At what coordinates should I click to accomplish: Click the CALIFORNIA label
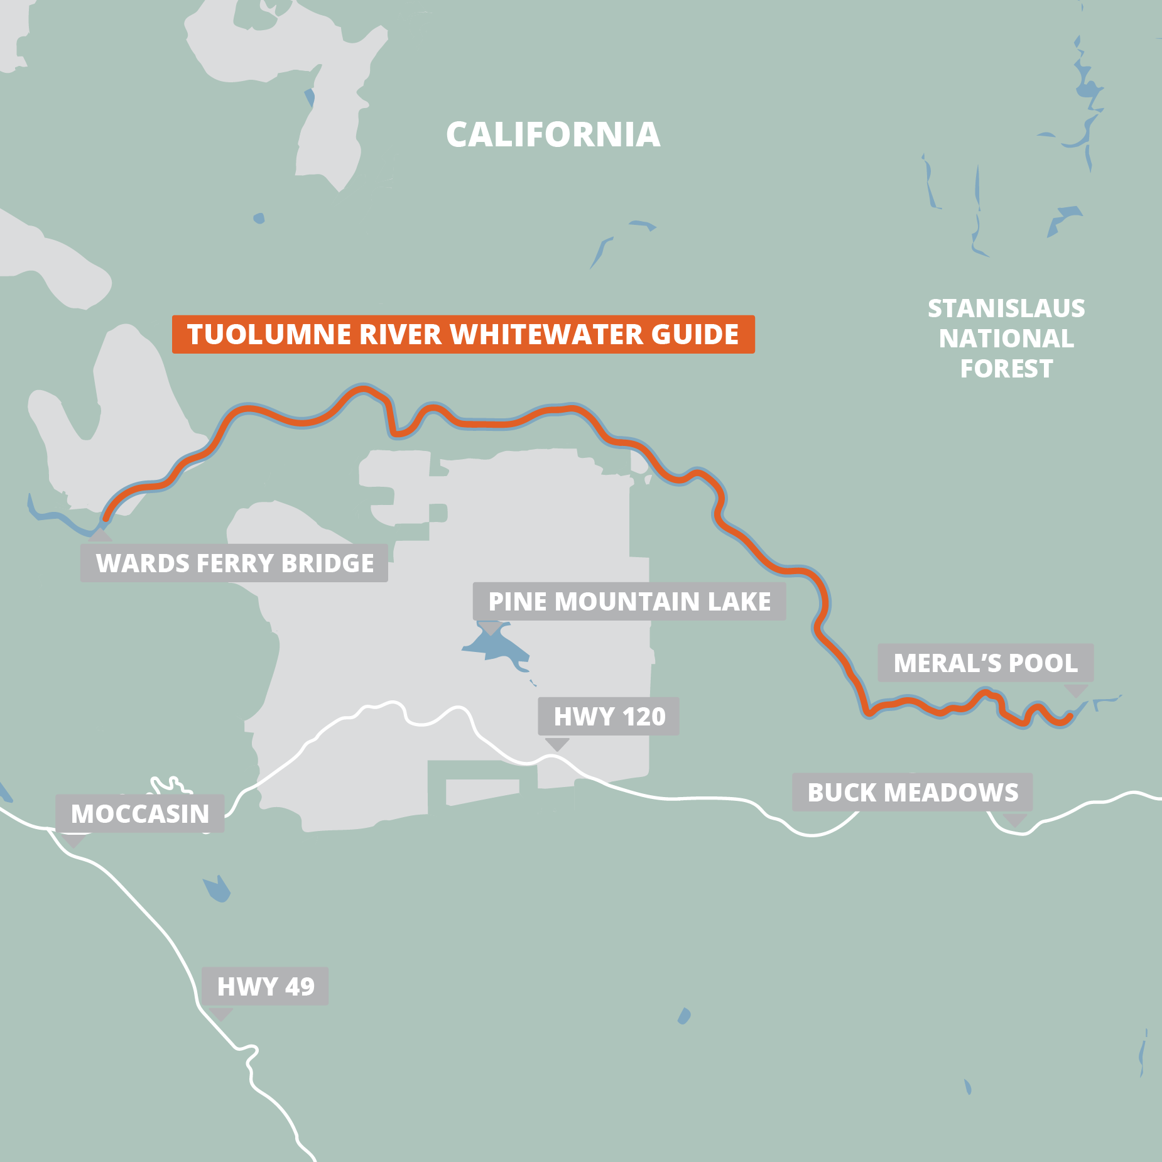point(553,135)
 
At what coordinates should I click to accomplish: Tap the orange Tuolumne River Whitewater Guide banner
point(463,334)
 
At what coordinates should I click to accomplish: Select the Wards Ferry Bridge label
point(234,563)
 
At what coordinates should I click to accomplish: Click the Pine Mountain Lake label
point(629,602)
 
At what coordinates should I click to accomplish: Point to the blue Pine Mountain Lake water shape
point(496,647)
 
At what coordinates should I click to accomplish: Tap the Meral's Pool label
point(985,663)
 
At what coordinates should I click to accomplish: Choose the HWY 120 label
point(608,717)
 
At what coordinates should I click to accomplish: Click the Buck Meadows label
point(912,793)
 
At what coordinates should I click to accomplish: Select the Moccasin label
point(139,814)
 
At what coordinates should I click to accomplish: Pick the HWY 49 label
point(265,987)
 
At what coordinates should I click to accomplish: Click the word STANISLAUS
point(1006,308)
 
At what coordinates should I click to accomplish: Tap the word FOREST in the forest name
point(1006,369)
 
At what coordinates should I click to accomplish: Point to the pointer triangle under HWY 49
point(220,1013)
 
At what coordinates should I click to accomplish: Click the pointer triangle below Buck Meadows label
point(1015,819)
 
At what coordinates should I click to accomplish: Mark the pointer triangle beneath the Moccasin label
point(73,840)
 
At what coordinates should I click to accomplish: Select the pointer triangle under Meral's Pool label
point(1075,690)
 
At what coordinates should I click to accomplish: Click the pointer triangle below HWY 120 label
point(557,744)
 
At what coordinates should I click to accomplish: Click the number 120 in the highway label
point(644,717)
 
